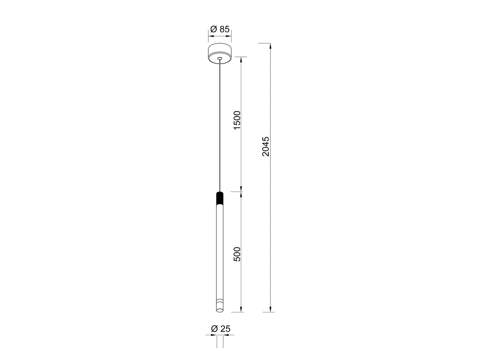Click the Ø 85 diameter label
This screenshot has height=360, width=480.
click(220, 29)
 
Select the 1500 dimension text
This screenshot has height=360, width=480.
click(237, 120)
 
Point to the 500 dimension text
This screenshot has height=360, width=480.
click(237, 254)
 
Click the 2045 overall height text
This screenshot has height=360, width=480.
click(266, 146)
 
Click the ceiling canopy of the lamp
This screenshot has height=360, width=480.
click(220, 53)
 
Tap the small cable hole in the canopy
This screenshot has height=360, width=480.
click(220, 58)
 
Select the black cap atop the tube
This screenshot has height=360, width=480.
click(220, 198)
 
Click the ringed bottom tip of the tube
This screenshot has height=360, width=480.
click(220, 307)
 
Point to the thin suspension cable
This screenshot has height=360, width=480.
click(220, 126)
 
